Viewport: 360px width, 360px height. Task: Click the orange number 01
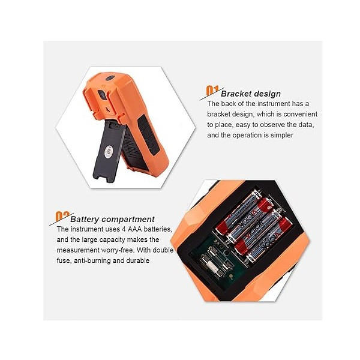(x=212, y=91)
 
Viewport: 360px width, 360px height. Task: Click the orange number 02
(x=62, y=216)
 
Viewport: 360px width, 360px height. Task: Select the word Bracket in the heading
(x=236, y=94)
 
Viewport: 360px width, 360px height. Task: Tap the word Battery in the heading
(x=85, y=219)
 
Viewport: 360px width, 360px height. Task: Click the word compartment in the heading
(x=128, y=219)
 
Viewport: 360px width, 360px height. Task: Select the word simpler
(x=282, y=135)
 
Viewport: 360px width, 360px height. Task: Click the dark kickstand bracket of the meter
(x=109, y=152)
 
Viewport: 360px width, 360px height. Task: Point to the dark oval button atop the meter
(x=110, y=78)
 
